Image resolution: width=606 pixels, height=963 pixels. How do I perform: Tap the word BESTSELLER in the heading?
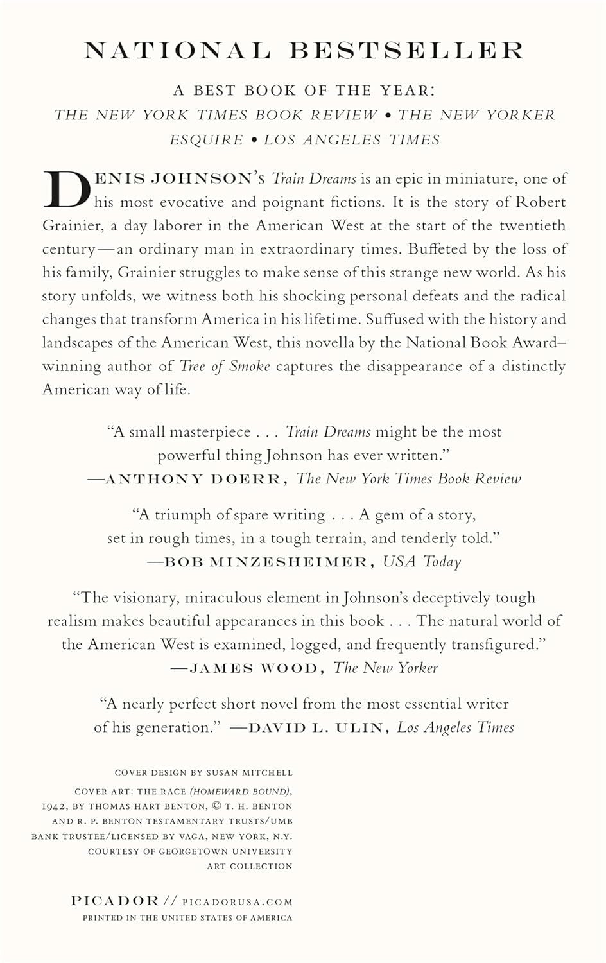(406, 51)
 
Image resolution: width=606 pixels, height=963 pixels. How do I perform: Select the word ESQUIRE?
(206, 139)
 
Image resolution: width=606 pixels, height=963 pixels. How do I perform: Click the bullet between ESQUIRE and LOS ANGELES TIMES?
(254, 139)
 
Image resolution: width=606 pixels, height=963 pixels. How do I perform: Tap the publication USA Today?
(422, 562)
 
